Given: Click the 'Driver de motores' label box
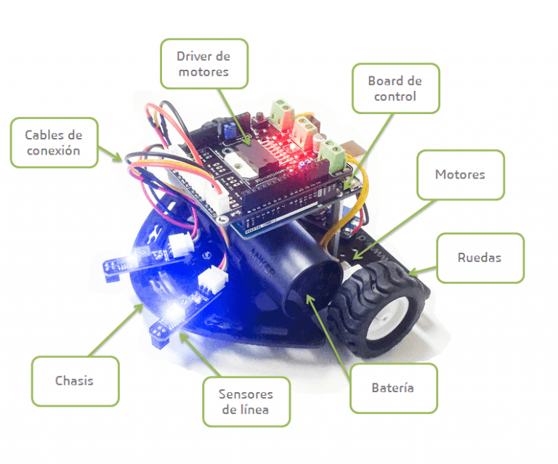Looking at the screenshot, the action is pyautogui.click(x=204, y=64).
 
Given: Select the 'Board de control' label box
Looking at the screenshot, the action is pyautogui.click(x=396, y=89).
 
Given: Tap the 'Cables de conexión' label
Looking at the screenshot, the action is pyautogui.click(x=54, y=142).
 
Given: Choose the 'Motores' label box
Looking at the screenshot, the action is pyautogui.click(x=461, y=174).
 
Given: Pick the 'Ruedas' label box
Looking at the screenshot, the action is pyautogui.click(x=480, y=258).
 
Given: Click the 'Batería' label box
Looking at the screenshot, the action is pyautogui.click(x=394, y=388).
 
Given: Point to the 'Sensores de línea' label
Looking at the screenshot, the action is pyautogui.click(x=246, y=402).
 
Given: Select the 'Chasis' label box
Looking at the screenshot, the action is pyautogui.click(x=75, y=381).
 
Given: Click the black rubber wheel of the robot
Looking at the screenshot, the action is pyautogui.click(x=377, y=309).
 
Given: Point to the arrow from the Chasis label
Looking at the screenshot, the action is pyautogui.click(x=116, y=330).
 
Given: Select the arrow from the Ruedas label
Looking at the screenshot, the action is pyautogui.click(x=422, y=271).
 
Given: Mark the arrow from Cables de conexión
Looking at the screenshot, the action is pyautogui.click(x=110, y=154).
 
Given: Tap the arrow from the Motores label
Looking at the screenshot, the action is pyautogui.click(x=393, y=229).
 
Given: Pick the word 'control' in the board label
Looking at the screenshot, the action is pyautogui.click(x=395, y=97).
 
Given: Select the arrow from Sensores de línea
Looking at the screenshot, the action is pyautogui.click(x=200, y=354).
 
